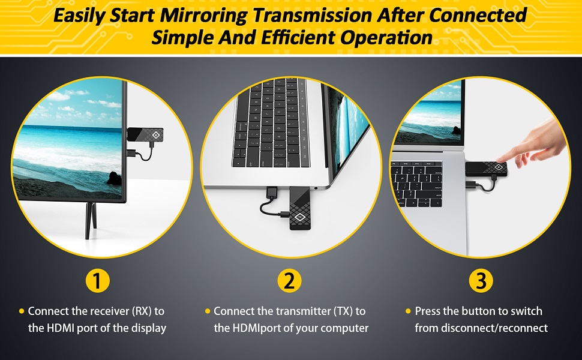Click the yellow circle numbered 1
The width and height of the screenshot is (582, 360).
97,281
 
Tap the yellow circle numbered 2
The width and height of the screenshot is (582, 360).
290,281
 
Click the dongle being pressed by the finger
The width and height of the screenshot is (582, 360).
486,170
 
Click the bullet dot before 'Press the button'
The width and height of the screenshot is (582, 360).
409,311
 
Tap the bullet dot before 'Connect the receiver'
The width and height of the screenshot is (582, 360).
22,311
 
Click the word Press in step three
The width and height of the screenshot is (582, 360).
428,311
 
